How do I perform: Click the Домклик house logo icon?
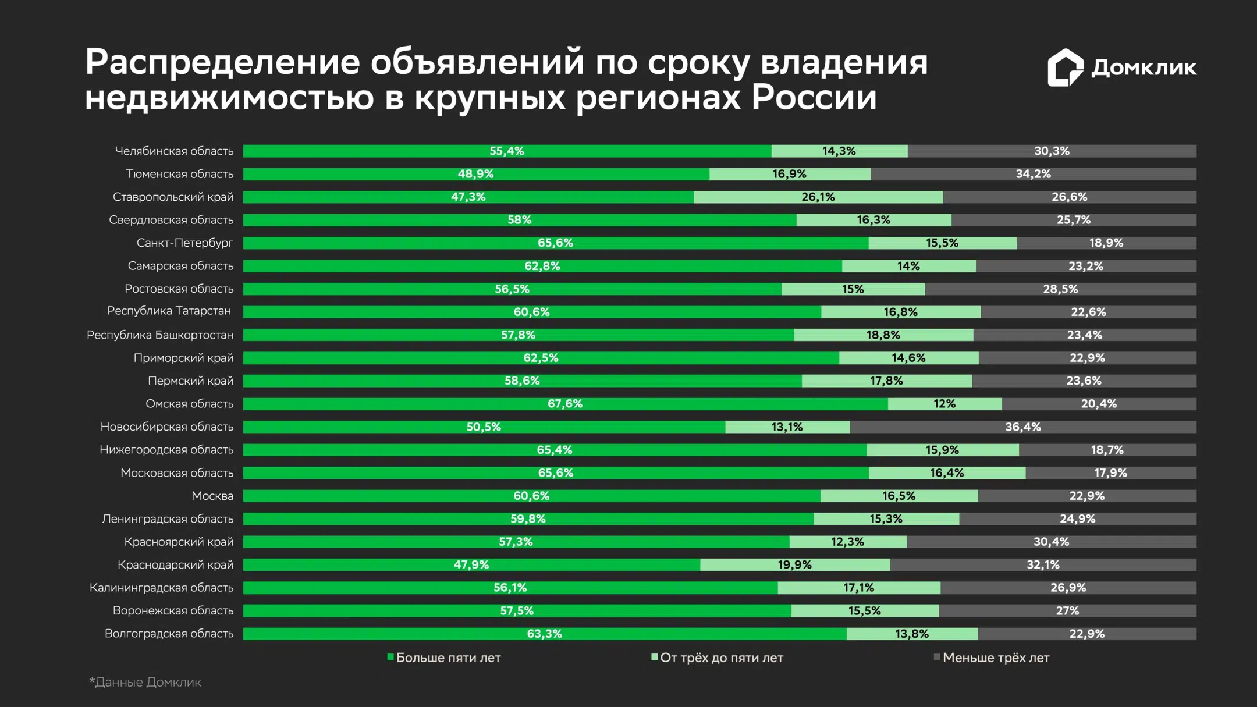click(1065, 67)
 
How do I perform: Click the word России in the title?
click(814, 98)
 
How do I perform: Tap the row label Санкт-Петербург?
click(184, 243)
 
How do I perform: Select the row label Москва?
click(212, 496)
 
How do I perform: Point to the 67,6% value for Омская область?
click(564, 404)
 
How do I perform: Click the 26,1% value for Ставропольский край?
click(818, 197)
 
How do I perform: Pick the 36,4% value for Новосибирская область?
click(1022, 427)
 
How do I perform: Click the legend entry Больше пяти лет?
click(448, 658)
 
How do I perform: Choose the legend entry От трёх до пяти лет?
click(721, 658)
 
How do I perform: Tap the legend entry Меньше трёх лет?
click(996, 658)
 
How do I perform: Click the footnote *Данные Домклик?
click(145, 682)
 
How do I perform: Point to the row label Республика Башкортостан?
click(159, 335)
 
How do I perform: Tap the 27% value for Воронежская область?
click(1067, 611)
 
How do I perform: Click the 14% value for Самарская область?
click(908, 266)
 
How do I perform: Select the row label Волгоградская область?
click(169, 634)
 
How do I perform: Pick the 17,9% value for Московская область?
click(1110, 473)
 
